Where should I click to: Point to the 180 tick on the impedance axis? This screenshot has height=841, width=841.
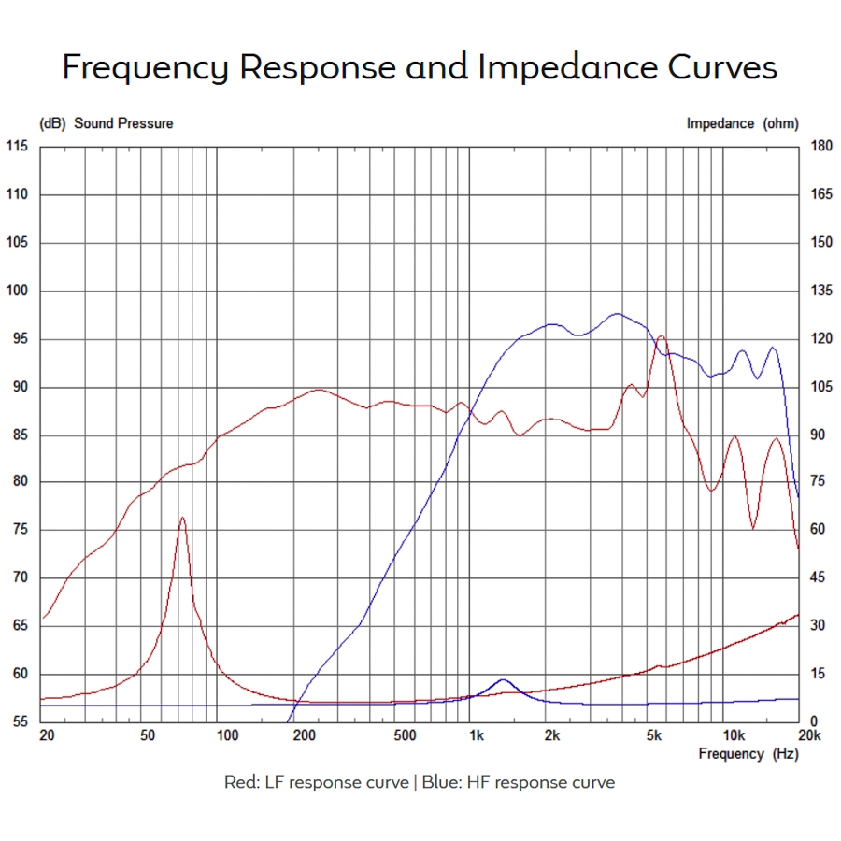pos(821,147)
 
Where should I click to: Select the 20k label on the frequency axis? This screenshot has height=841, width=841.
pos(809,736)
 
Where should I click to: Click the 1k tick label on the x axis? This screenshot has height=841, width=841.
pos(476,736)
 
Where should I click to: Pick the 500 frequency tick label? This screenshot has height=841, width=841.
pos(405,736)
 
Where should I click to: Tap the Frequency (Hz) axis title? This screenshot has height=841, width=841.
pos(748,754)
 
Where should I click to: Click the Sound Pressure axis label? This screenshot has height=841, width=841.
pos(123,123)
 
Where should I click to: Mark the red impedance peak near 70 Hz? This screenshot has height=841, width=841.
pos(182,518)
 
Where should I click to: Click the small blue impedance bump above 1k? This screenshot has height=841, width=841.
pos(503,680)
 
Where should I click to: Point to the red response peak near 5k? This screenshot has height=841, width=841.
pos(662,335)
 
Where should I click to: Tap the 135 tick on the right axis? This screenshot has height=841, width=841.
pos(821,291)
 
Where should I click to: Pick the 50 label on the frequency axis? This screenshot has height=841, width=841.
pos(147,736)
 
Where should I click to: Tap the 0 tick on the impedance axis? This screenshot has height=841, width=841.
pos(814,722)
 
